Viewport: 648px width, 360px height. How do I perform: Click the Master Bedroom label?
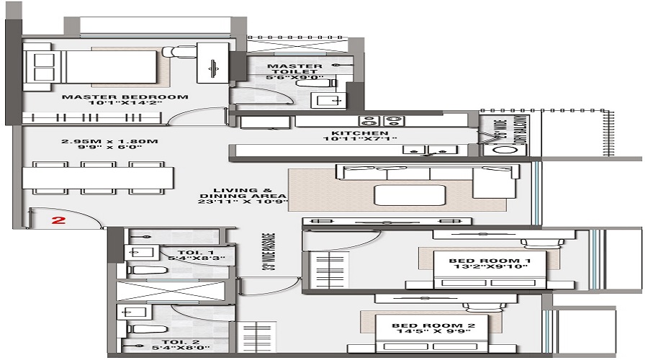[x=125, y=96]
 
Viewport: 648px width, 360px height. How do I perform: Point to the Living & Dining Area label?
[x=244, y=196]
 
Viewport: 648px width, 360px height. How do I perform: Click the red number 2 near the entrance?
[x=60, y=220]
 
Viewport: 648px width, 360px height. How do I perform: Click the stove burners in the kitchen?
[x=379, y=120]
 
